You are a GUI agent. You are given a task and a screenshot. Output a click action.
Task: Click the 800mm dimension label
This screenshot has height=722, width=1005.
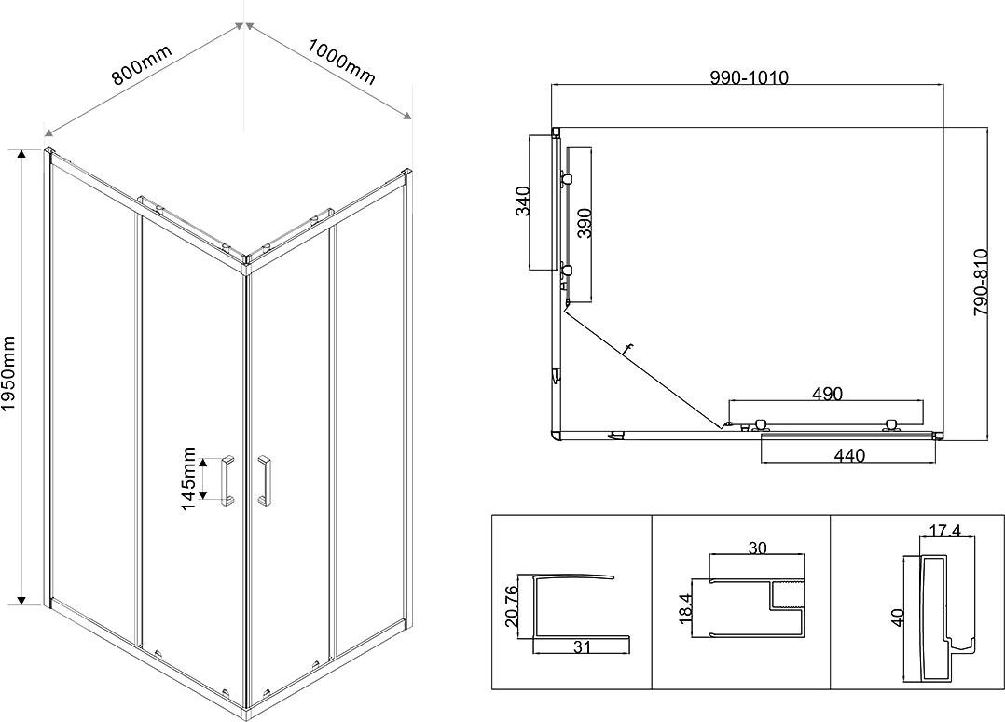[142, 64]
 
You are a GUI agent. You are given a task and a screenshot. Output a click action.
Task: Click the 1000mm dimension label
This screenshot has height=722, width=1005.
[341, 62]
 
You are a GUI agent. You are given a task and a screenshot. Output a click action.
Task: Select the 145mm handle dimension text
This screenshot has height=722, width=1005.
[189, 479]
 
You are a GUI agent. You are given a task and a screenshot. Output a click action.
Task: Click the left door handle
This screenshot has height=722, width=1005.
[227, 481]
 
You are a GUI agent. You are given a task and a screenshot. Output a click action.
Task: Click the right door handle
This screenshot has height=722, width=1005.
[264, 481]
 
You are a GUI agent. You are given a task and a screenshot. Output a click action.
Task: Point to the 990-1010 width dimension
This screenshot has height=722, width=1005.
[749, 77]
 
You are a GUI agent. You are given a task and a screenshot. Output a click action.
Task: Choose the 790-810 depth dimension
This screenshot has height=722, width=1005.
[981, 282]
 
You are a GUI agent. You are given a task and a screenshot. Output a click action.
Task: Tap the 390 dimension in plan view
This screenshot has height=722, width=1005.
[584, 223]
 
